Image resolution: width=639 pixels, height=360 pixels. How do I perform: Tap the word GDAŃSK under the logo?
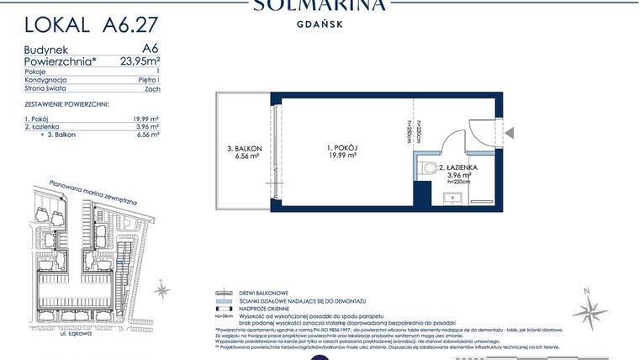click(319, 24)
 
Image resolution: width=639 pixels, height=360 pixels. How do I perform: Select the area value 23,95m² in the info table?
click(139, 61)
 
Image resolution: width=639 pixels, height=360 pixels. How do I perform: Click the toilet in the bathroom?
click(425, 167)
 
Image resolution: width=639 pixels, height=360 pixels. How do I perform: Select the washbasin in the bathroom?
click(452, 199)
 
